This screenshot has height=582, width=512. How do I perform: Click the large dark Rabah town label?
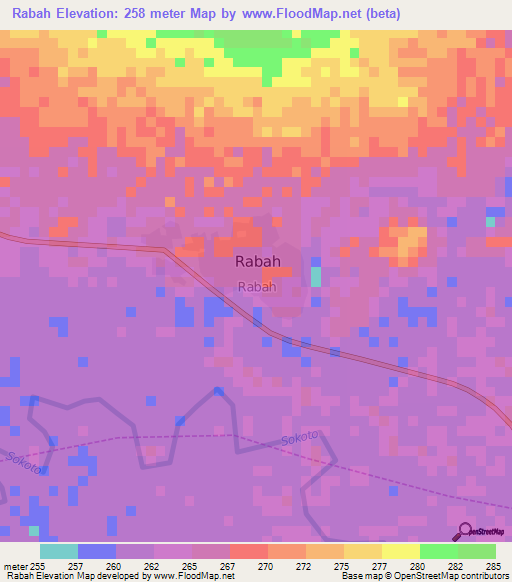point(257,262)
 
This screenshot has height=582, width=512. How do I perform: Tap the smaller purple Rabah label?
point(257,287)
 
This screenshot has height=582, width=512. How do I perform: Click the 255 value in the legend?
point(36,565)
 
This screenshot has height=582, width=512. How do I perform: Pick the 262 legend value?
point(153,565)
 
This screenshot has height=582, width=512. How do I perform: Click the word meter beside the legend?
point(13,565)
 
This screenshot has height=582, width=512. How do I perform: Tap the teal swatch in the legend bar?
point(58,551)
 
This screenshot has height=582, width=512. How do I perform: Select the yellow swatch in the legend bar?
point(400,551)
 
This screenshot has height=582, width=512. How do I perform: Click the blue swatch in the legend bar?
point(96,551)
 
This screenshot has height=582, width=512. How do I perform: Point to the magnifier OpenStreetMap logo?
point(466,532)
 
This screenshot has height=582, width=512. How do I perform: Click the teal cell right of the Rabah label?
point(316,276)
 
